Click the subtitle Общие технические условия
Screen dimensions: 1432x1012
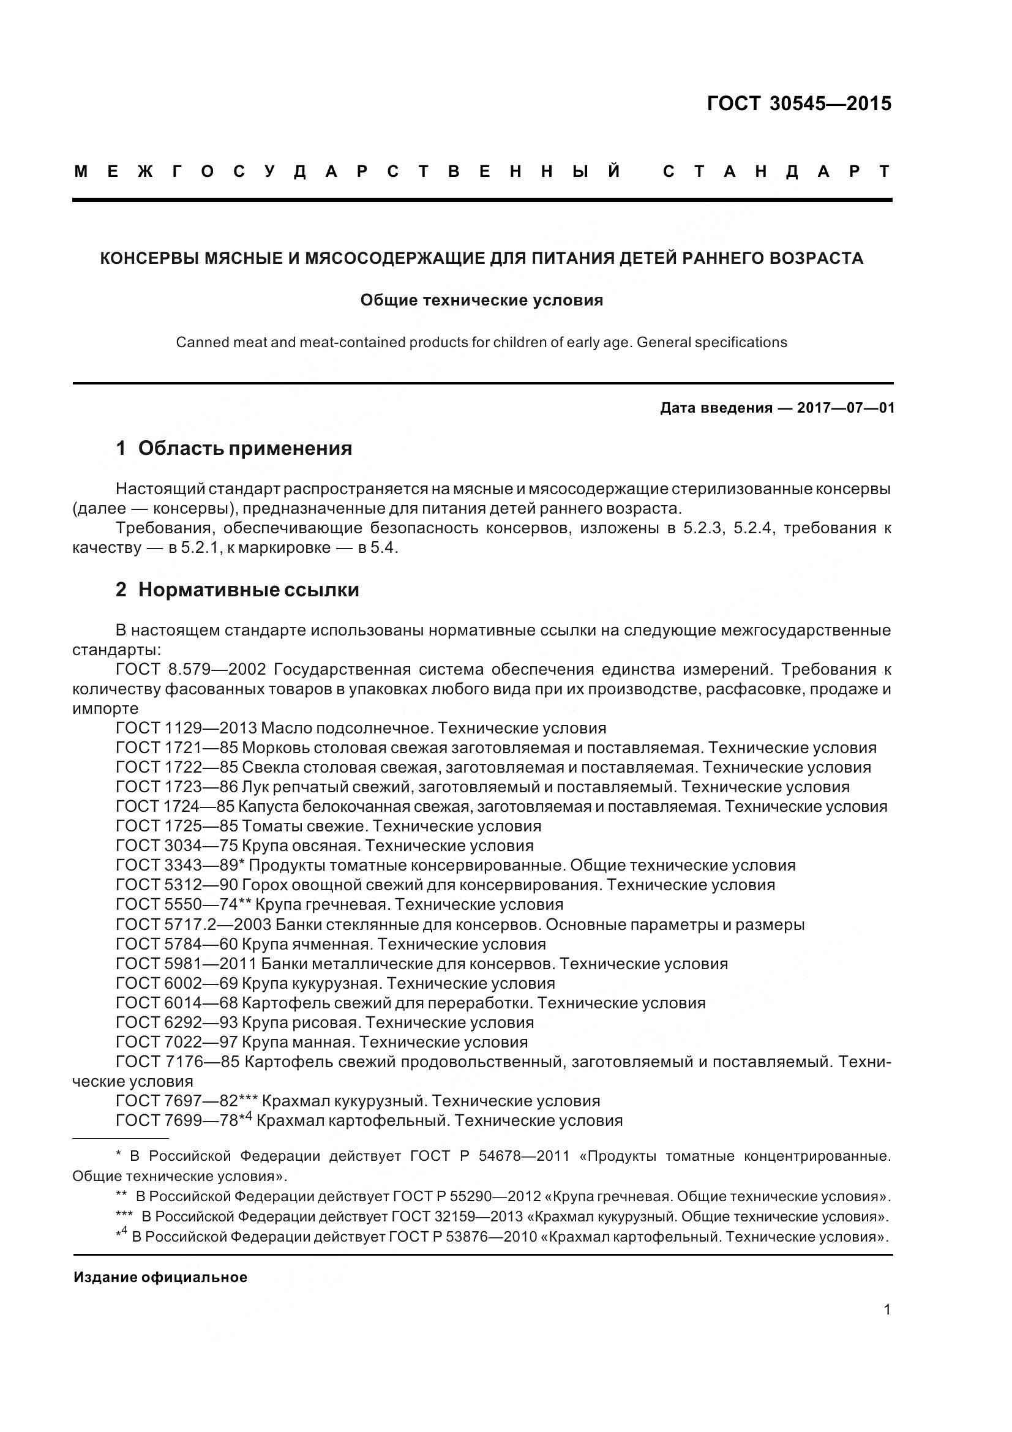pos(481,301)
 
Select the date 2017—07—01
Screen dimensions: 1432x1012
pos(845,408)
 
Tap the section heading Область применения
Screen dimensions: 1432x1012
pos(244,448)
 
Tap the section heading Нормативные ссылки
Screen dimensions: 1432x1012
pos(248,590)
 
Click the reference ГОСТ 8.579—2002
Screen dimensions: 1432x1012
pos(191,670)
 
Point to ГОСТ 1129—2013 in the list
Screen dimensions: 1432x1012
pos(186,729)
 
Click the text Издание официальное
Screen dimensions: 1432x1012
pos(160,1277)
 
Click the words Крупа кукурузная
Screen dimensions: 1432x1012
pos(310,984)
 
